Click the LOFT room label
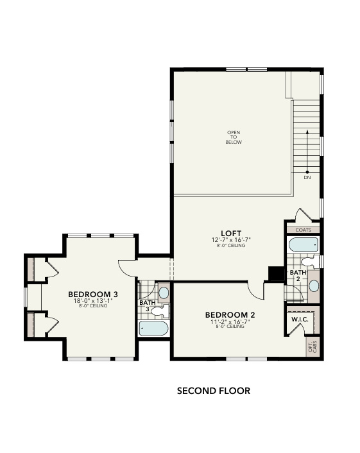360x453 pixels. pyautogui.click(x=231, y=233)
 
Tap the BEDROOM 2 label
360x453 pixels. pyautogui.click(x=230, y=314)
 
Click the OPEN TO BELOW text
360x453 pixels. pyautogui.click(x=232, y=137)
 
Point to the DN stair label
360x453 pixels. pyautogui.click(x=307, y=178)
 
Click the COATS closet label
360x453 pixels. pyautogui.click(x=302, y=230)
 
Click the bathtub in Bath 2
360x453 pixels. pyautogui.click(x=303, y=245)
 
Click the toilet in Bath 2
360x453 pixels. pyautogui.click(x=309, y=262)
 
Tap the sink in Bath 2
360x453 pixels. pyautogui.click(x=314, y=285)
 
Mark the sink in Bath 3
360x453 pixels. pyautogui.click(x=163, y=293)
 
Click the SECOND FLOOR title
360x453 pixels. pyautogui.click(x=213, y=390)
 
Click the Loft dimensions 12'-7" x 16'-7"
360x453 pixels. pyautogui.click(x=231, y=240)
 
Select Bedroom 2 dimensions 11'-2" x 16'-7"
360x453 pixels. pyautogui.click(x=230, y=321)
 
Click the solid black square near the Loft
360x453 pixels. pyautogui.click(x=276, y=274)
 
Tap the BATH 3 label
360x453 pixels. pyautogui.click(x=148, y=305)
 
